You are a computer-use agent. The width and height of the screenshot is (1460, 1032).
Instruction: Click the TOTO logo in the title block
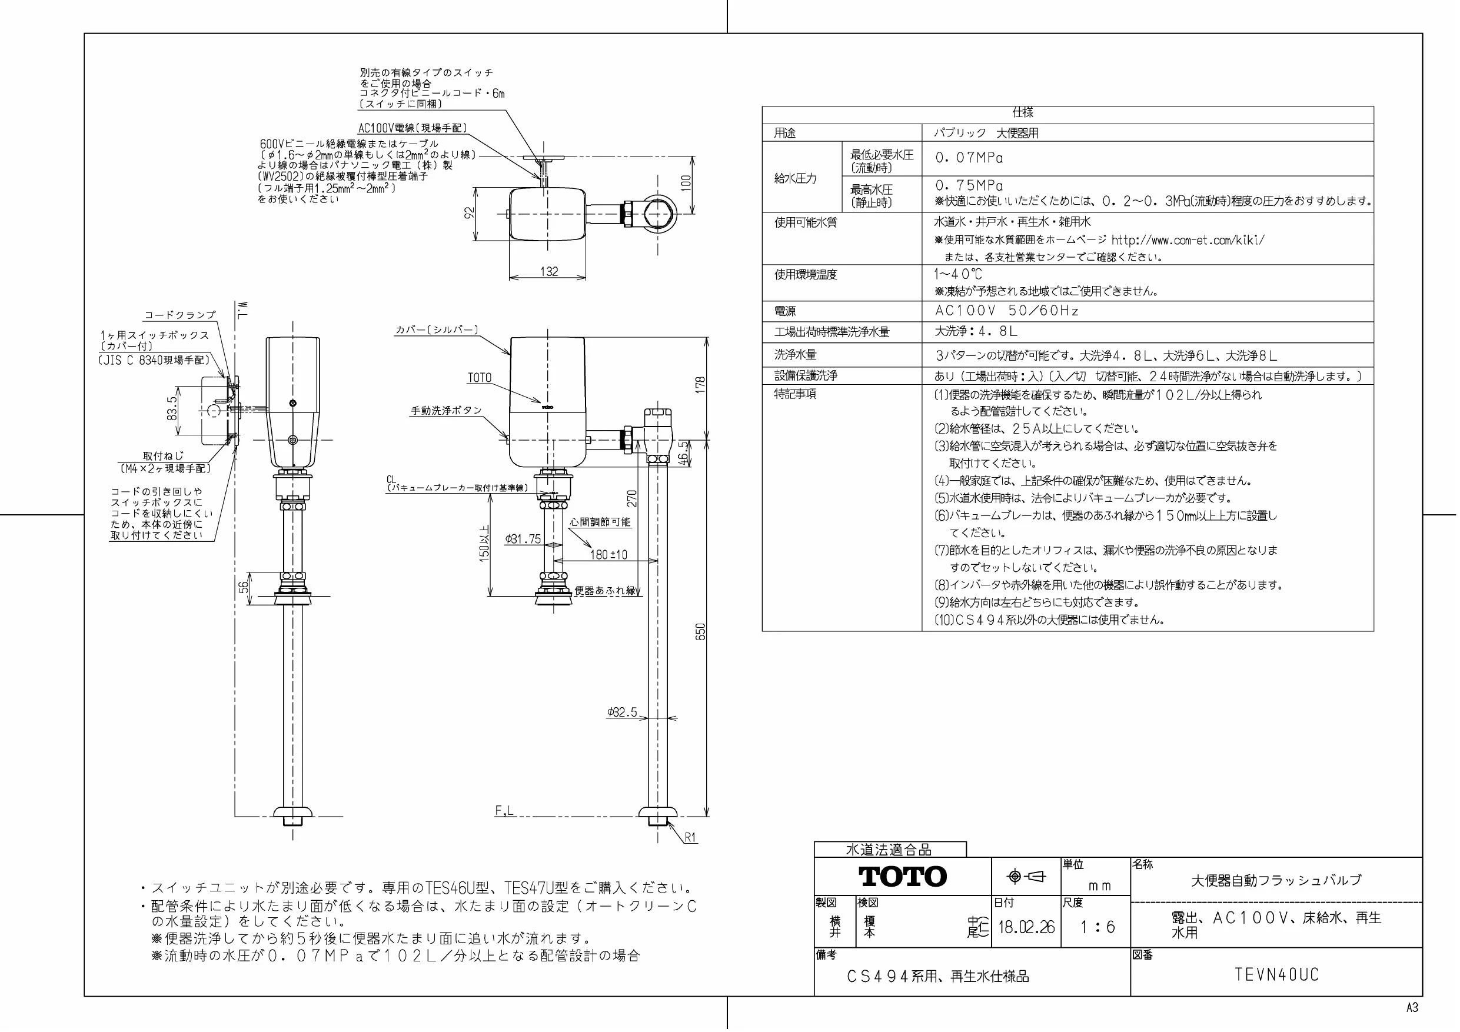coord(902,876)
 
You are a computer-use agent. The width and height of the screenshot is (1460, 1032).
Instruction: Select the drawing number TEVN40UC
coord(1277,975)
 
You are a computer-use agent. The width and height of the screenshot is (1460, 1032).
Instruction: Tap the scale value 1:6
coord(1098,927)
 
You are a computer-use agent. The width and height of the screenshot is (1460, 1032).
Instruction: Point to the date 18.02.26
coord(1026,927)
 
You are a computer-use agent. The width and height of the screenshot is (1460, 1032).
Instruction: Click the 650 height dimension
coord(701,631)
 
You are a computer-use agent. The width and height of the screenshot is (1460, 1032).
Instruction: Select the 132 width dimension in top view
coord(549,271)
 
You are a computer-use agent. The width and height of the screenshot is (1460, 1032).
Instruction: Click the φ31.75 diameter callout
coord(523,539)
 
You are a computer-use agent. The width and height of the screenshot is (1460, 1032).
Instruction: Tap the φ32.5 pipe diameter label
coord(621,712)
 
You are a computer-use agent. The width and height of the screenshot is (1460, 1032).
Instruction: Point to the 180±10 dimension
coord(608,554)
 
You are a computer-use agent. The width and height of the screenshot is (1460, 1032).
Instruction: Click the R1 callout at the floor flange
coord(691,838)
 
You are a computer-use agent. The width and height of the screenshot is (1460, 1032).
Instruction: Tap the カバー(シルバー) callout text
coord(437,330)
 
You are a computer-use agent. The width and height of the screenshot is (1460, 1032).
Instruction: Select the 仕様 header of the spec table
coord(1023,112)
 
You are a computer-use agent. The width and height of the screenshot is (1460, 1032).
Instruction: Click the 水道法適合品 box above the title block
coord(889,850)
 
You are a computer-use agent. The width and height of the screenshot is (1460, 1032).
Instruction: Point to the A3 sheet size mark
coord(1412,1008)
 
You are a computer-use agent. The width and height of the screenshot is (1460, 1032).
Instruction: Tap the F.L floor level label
coord(504,811)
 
